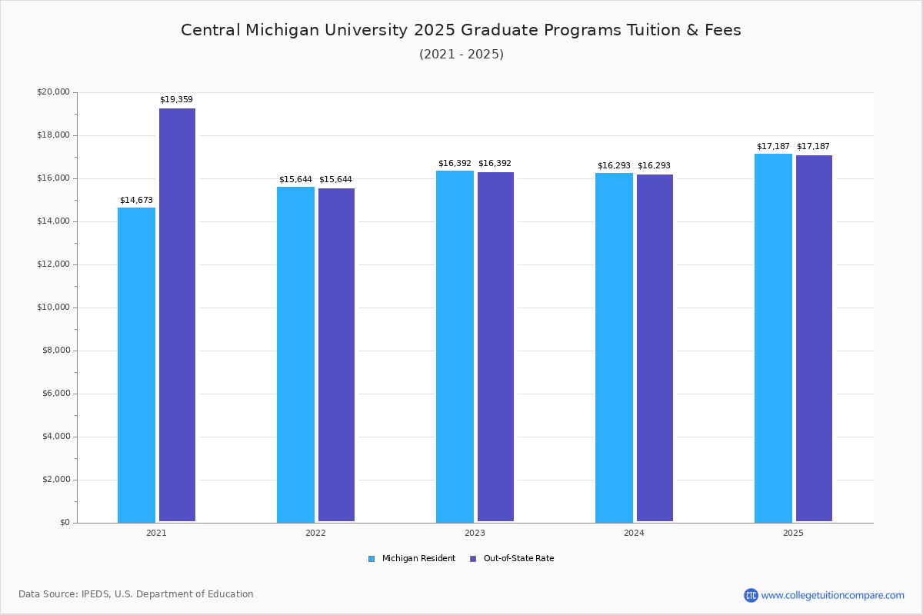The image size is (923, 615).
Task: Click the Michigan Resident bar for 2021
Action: tap(136, 365)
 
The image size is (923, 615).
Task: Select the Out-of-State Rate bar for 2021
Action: tap(177, 315)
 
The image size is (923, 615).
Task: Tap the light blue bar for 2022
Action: tap(295, 354)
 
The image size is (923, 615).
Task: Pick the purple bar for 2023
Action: tap(495, 347)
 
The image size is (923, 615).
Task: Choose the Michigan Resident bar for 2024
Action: tap(614, 347)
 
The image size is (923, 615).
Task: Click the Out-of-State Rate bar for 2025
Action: tap(814, 338)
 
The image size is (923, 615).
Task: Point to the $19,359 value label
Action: tap(176, 100)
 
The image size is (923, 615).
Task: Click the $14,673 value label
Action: tap(136, 201)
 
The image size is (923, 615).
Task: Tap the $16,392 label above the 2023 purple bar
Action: tap(495, 164)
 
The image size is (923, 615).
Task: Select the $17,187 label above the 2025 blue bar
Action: tap(773, 147)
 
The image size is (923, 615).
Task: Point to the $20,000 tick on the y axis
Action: tap(53, 92)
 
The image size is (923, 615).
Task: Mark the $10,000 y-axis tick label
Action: tap(53, 307)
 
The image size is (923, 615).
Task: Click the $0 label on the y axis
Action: tap(64, 523)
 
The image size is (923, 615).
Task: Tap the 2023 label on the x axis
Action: tap(475, 533)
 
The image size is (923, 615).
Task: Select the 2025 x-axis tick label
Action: tap(793, 533)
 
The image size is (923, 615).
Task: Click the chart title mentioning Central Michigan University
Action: tap(461, 30)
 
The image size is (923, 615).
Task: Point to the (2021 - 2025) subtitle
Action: tap(461, 55)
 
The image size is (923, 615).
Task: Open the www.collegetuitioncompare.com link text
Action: tap(832, 595)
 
